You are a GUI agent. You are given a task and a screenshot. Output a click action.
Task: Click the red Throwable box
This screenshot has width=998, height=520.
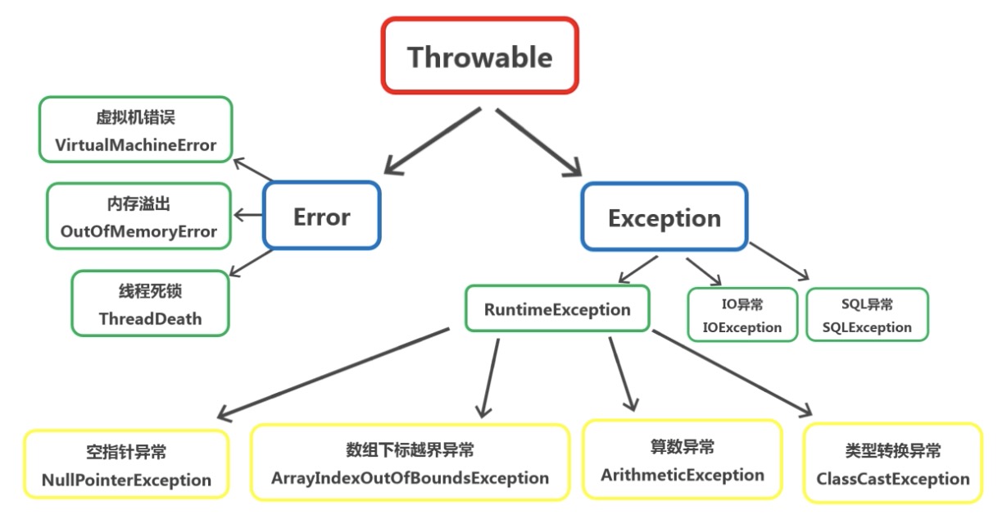pos(479,55)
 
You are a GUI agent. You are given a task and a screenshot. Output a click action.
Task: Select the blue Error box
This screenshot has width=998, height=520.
pos(321,216)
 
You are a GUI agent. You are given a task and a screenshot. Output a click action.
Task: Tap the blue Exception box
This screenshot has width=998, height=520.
pos(664,217)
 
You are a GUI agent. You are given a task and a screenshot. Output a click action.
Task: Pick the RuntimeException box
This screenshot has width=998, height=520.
pos(557,309)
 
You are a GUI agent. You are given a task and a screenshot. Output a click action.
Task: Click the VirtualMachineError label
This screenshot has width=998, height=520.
pos(136,145)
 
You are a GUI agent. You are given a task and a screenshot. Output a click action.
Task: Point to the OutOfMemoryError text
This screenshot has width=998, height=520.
pos(138,231)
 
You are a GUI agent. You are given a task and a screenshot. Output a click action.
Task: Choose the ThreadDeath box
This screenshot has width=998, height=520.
pos(150,304)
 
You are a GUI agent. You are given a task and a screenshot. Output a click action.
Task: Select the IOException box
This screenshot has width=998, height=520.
pos(742,316)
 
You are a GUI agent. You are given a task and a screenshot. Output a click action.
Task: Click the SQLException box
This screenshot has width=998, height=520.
pos(867,315)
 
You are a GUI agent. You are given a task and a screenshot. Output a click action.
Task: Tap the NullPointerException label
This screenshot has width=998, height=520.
pos(126,480)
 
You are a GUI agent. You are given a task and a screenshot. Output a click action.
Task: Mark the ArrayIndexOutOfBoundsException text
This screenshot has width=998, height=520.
pos(410,477)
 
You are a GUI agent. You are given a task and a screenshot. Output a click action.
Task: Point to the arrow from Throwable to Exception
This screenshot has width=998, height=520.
pos(538,141)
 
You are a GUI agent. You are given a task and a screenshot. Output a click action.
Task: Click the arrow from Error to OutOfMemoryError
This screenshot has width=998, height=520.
pos(248,216)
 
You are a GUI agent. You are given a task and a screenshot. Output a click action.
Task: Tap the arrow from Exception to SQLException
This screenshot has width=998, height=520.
pos(779,262)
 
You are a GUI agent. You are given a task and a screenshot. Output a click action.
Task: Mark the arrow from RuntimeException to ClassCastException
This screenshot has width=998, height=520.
pos(733,373)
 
